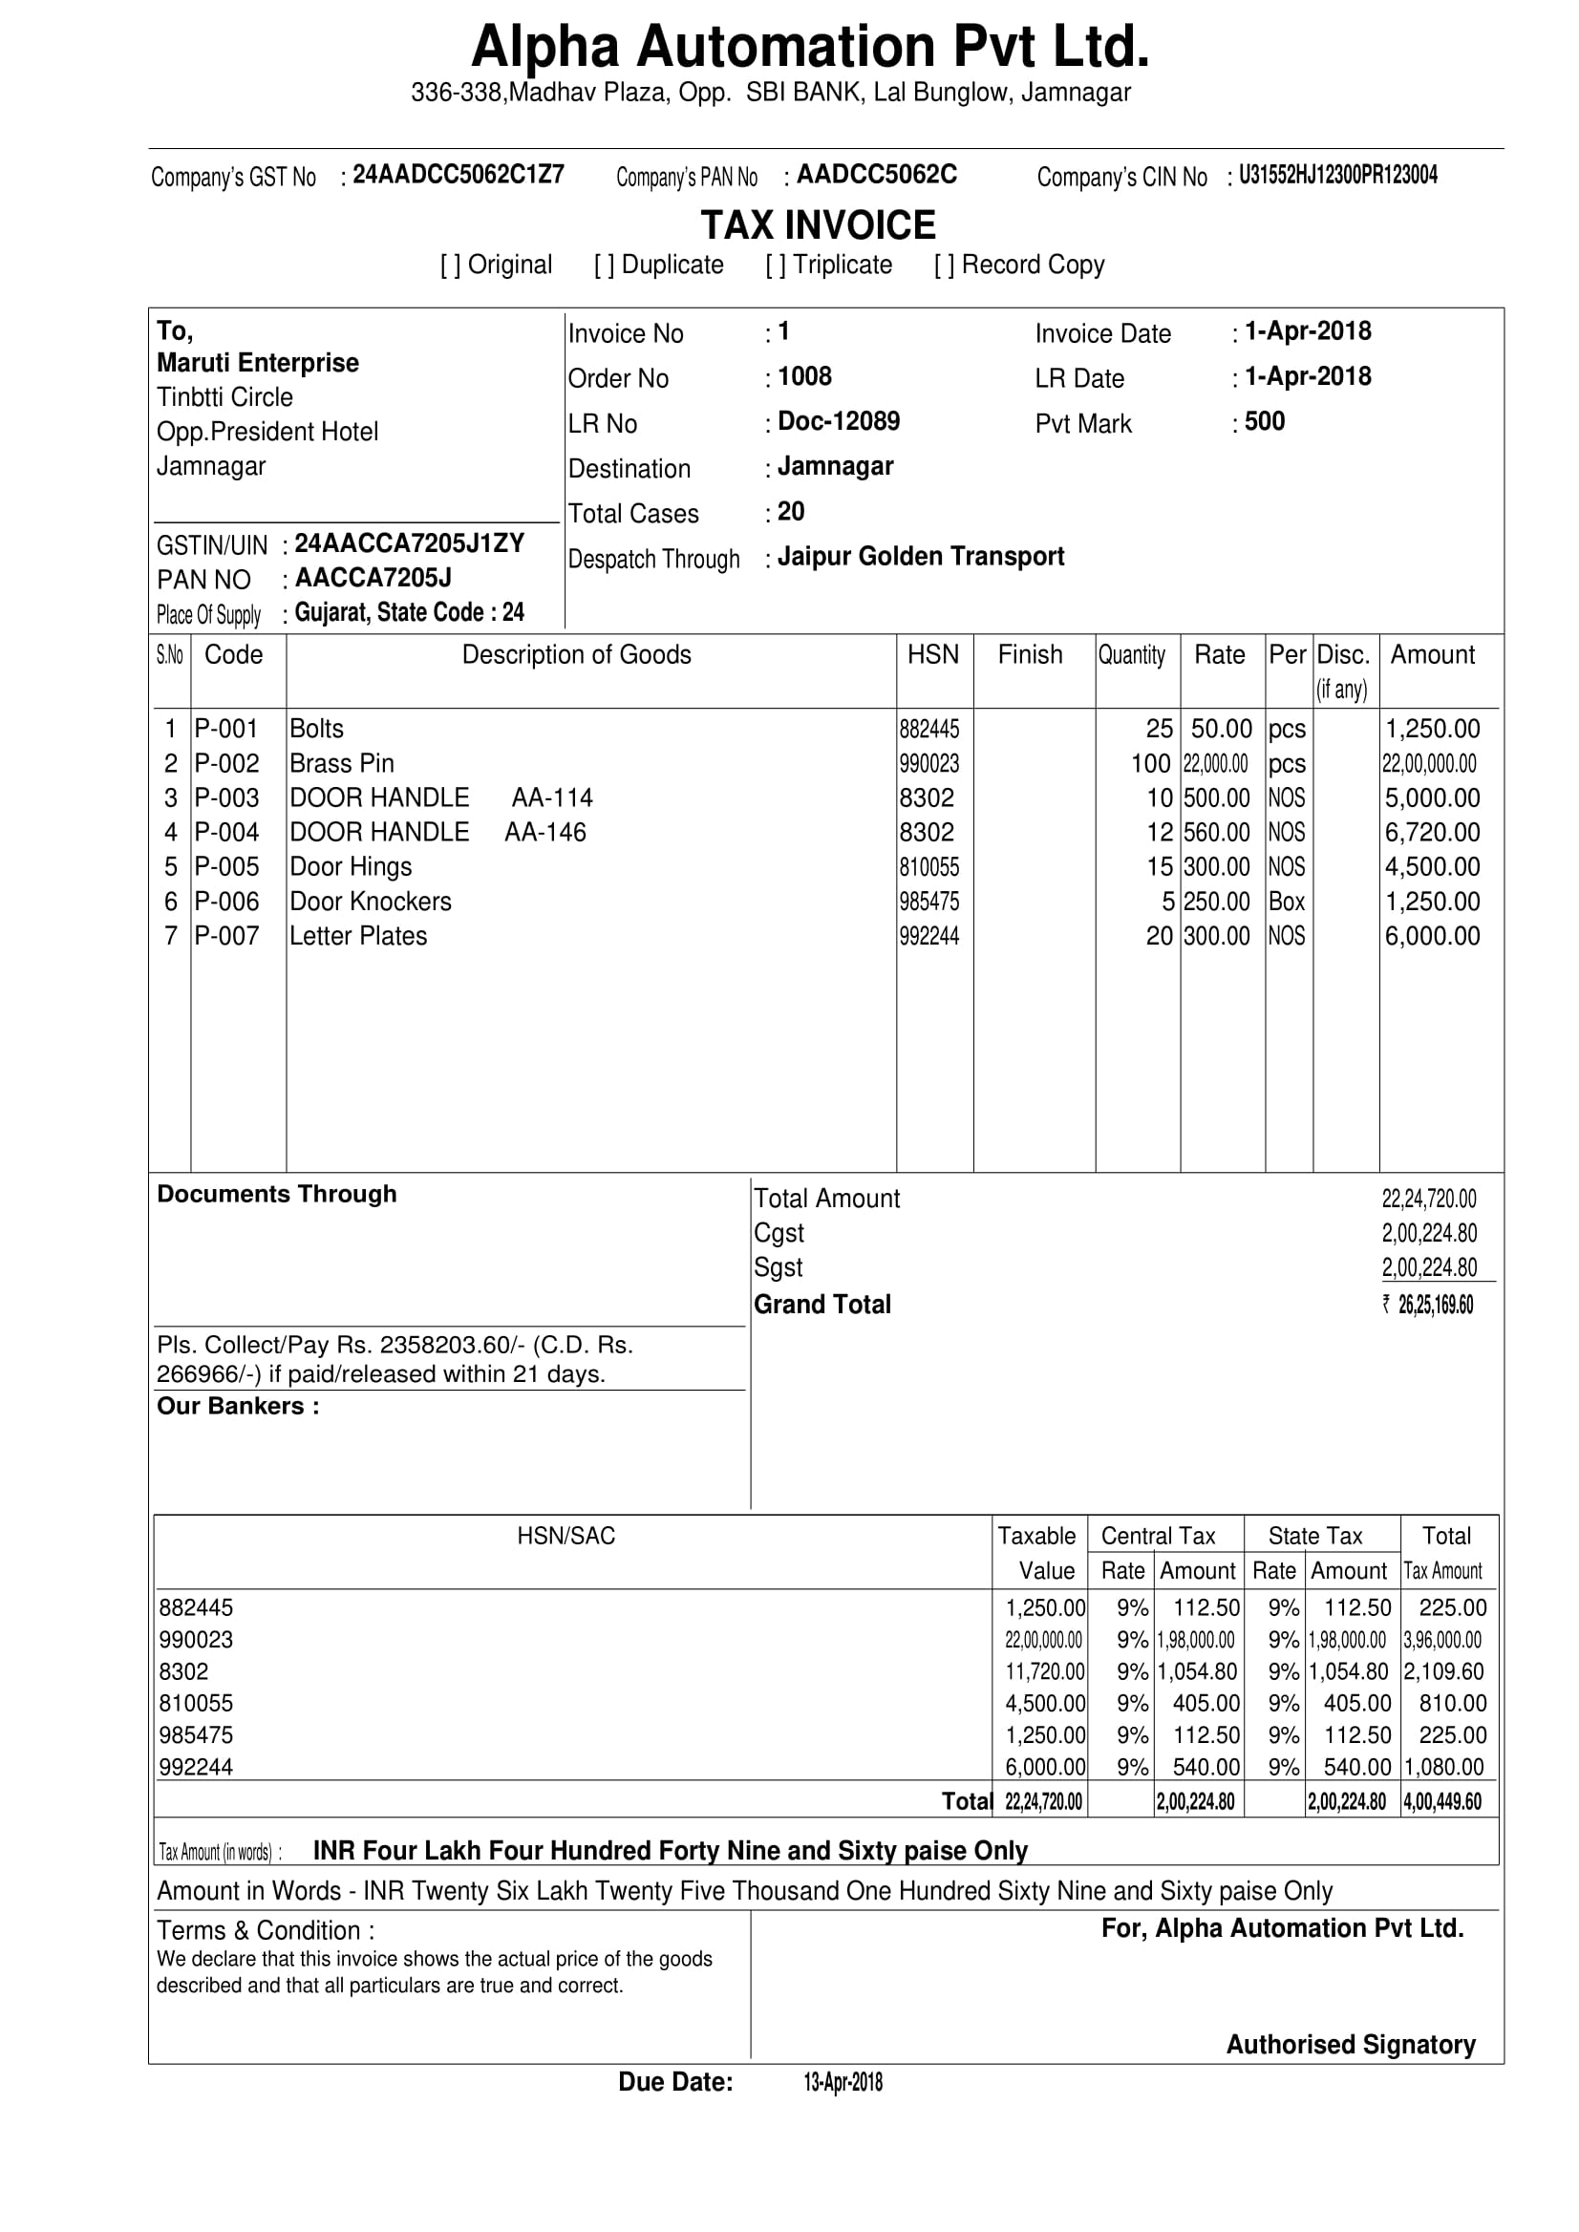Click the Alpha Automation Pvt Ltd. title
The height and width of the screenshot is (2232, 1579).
pos(809,47)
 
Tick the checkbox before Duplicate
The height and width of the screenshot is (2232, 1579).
pos(604,266)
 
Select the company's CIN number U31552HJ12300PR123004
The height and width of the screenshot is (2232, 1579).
pos(1338,175)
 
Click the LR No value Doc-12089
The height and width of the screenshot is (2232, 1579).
pos(838,421)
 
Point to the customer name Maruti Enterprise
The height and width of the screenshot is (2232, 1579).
pos(258,363)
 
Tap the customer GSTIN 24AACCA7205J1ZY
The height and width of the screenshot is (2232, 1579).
pos(410,542)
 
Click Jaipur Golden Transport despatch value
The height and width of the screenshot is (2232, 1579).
pos(920,556)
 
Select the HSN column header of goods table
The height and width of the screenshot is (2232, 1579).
pos(932,654)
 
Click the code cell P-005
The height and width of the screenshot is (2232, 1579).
pos(226,866)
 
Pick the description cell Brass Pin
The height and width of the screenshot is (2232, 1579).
pos(342,763)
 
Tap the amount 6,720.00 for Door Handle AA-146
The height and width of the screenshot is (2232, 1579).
pos(1432,832)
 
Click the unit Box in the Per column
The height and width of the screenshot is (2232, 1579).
pos(1287,902)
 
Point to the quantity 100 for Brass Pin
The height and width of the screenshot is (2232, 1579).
pos(1150,763)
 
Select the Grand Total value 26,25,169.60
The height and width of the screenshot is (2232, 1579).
pos(1434,1305)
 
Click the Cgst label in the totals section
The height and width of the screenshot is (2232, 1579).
pos(779,1233)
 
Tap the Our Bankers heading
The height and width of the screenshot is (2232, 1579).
pos(237,1406)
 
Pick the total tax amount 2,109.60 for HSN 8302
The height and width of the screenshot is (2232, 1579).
pos(1444,1671)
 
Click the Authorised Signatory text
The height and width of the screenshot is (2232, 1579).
pos(1351,2045)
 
